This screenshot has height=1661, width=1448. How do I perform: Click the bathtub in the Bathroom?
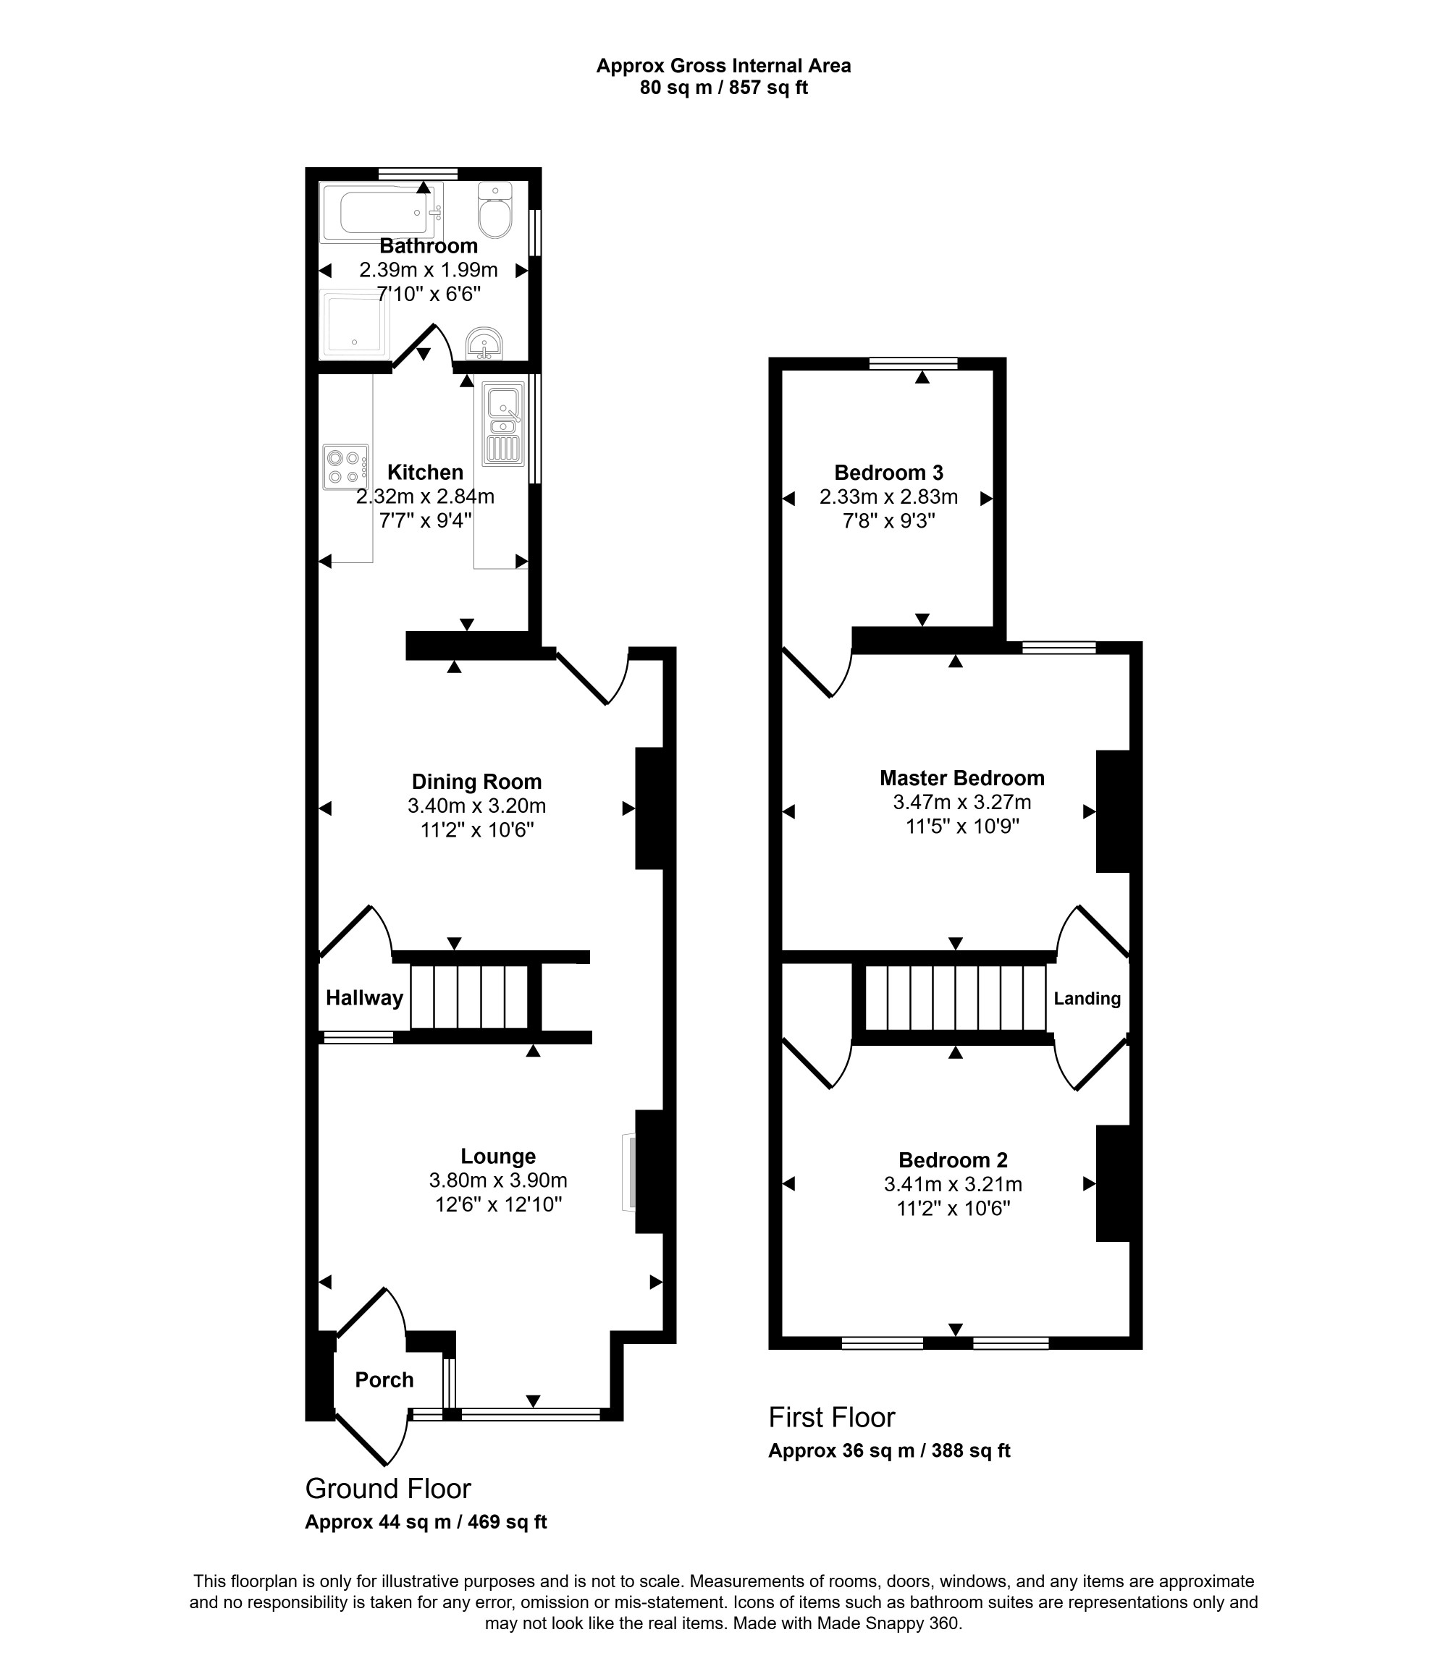coord(382,214)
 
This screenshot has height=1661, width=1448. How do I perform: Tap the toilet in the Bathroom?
coord(494,210)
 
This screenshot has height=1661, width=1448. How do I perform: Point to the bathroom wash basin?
coord(484,343)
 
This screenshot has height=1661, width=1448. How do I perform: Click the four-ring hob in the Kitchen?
coord(346,467)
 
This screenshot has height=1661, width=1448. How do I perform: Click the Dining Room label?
coord(476,781)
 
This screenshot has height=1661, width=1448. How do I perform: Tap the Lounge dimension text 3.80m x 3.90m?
coord(498,1180)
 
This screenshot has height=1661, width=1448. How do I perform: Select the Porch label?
coord(384,1380)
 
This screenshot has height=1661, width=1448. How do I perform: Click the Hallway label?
coord(364,998)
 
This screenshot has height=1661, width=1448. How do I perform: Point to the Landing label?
coord(1087,999)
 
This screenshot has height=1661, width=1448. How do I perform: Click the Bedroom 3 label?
coord(889,473)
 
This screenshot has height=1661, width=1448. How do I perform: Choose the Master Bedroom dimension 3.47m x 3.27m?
coord(962,802)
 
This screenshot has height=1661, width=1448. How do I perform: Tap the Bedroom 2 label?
coord(954,1160)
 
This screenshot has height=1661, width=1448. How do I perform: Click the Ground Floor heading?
coord(388,1488)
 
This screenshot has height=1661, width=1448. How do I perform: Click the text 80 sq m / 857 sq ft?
coord(724,88)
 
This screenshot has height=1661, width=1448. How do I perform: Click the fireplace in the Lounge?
coord(628,1173)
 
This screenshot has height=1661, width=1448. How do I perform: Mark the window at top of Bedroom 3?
coord(913,363)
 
